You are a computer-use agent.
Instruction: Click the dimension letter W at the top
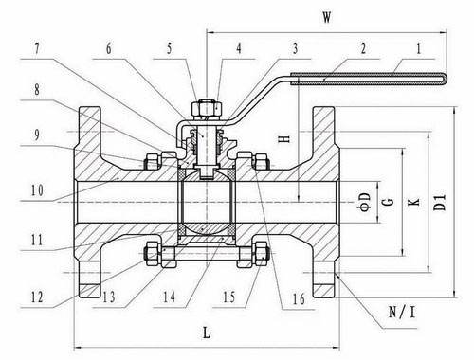(327, 17)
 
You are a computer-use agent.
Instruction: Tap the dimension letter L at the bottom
(207, 333)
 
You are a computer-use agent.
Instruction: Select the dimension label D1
(440, 203)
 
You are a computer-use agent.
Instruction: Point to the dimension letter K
(414, 202)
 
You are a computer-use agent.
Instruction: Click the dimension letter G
(390, 202)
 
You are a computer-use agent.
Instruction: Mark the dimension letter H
(284, 138)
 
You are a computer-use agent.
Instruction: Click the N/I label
(402, 313)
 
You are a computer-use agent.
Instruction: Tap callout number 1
(419, 49)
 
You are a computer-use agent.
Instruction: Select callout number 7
(37, 49)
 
